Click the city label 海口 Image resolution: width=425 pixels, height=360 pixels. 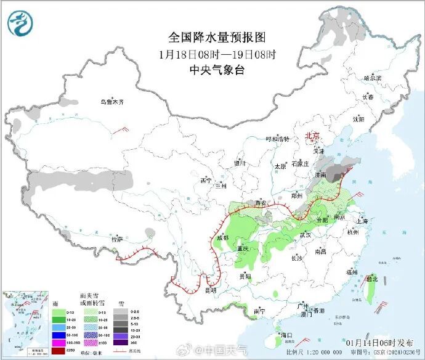285,335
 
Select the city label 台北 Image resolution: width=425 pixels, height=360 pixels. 372,279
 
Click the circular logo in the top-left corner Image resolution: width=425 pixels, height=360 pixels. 21,23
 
